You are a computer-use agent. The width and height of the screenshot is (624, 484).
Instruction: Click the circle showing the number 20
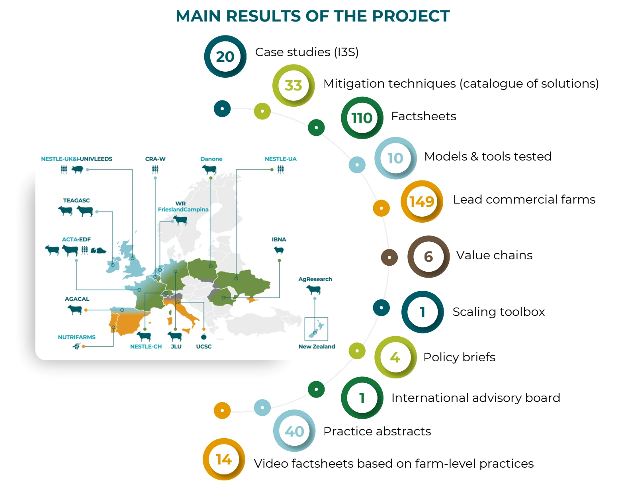pyautogui.click(x=225, y=57)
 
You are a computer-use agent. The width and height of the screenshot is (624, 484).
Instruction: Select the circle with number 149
pyautogui.click(x=422, y=201)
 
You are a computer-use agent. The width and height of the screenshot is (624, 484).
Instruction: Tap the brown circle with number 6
pyautogui.click(x=428, y=257)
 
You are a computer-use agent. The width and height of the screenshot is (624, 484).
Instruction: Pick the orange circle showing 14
pyautogui.click(x=224, y=459)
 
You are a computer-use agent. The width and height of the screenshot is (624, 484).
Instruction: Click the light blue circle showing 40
pyautogui.click(x=294, y=431)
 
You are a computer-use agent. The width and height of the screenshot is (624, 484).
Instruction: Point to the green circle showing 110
pyautogui.click(x=362, y=118)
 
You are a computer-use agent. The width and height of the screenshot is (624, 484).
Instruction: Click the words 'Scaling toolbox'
pyautogui.click(x=499, y=312)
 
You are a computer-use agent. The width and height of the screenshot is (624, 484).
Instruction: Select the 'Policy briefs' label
pyautogui.click(x=459, y=357)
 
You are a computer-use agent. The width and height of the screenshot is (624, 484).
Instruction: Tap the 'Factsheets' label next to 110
pyautogui.click(x=424, y=116)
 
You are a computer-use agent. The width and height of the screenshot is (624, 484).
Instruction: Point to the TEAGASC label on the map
pyautogui.click(x=76, y=200)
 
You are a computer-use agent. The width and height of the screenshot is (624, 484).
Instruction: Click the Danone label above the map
pyautogui.click(x=211, y=159)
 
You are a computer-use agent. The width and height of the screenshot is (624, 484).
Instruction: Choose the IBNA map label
pyautogui.click(x=279, y=239)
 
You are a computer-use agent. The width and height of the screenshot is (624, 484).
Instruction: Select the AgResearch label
pyautogui.click(x=315, y=279)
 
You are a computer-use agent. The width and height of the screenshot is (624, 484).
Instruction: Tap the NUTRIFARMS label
pyautogui.click(x=76, y=337)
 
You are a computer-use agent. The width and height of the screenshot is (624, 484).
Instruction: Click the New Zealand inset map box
pyautogui.click(x=316, y=329)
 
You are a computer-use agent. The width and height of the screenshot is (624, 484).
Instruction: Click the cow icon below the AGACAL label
pyautogui.click(x=75, y=310)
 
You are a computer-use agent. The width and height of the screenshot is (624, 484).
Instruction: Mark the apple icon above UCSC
pyautogui.click(x=204, y=337)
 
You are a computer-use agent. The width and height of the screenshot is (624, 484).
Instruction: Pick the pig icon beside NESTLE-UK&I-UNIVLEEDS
pyautogui.click(x=77, y=170)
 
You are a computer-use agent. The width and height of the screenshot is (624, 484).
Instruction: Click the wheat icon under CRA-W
pyautogui.click(x=155, y=169)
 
